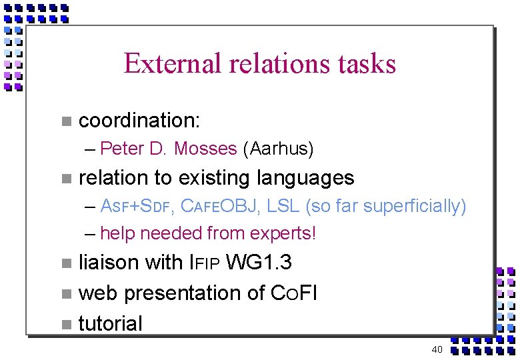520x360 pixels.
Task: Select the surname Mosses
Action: coord(205,149)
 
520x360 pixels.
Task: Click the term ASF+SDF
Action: coord(138,207)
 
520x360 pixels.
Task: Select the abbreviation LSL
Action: coord(283,207)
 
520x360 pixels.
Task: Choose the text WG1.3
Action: coord(259,263)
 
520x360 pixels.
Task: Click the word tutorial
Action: coord(111,323)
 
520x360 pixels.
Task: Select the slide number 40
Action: coord(437,350)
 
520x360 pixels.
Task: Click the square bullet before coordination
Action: coord(65,121)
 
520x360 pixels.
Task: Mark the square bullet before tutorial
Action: coord(65,325)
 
